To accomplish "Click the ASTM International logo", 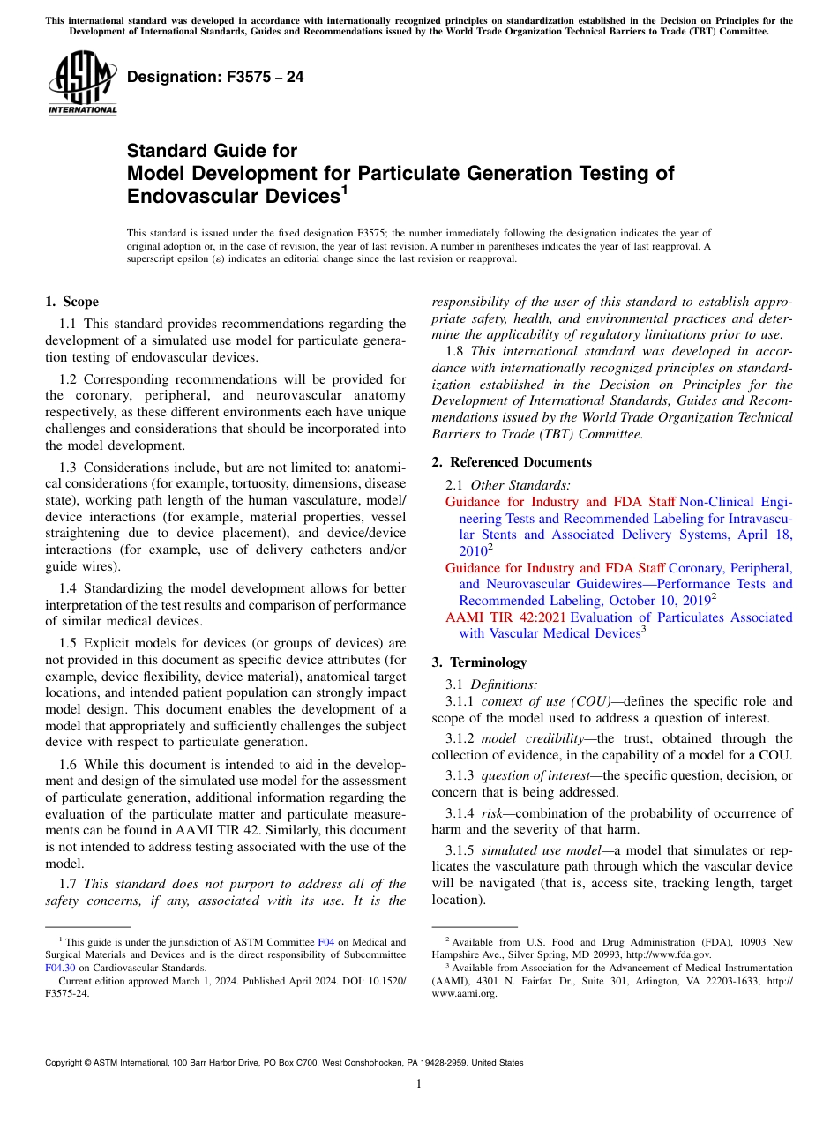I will click(x=82, y=85).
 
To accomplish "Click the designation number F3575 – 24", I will click(x=215, y=78).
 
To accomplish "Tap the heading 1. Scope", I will click(x=71, y=302).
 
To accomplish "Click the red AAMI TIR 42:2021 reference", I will click(x=506, y=617).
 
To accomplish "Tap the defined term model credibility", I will click(x=535, y=738).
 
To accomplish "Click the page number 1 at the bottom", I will click(x=419, y=1084).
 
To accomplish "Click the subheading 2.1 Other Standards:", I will click(x=508, y=484).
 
